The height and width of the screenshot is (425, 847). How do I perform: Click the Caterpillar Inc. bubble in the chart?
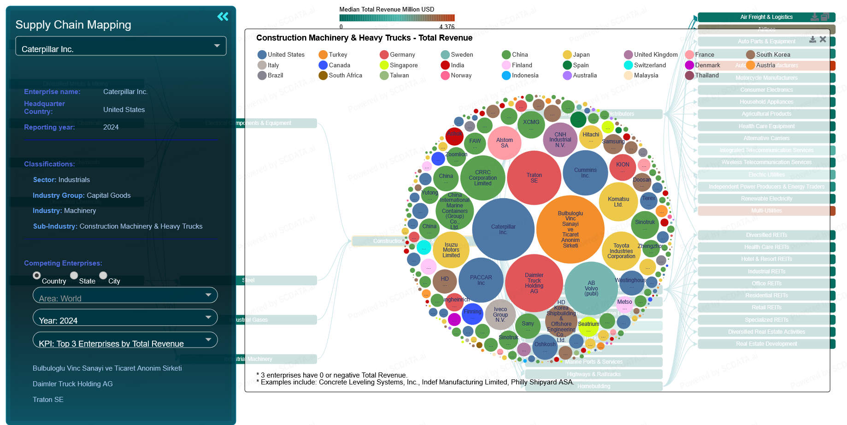(x=503, y=229)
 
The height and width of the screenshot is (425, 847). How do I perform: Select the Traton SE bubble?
(x=534, y=177)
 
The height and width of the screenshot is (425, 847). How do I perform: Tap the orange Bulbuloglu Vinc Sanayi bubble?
(x=570, y=229)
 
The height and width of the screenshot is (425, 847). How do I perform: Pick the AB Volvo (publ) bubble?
(x=591, y=288)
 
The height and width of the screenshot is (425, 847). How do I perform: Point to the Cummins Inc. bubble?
(x=585, y=172)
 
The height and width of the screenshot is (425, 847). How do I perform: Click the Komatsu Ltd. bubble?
(x=618, y=201)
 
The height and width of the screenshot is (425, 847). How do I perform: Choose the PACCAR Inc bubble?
(x=481, y=280)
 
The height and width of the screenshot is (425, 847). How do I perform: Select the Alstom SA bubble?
(x=505, y=142)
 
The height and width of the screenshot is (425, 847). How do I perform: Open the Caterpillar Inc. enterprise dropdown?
(x=121, y=46)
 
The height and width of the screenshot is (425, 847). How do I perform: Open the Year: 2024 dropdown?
(x=125, y=318)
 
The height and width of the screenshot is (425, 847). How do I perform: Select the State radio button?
(x=74, y=276)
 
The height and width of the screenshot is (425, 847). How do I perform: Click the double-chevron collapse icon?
(x=223, y=17)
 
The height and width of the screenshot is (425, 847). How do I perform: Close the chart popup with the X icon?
(x=823, y=40)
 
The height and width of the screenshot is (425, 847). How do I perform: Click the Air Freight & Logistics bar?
(x=766, y=17)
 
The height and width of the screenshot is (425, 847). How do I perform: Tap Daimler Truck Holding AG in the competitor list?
(x=72, y=384)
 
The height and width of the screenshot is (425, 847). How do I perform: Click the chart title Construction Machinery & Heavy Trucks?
(x=364, y=38)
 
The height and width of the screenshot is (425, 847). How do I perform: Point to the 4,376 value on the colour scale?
(x=447, y=27)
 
